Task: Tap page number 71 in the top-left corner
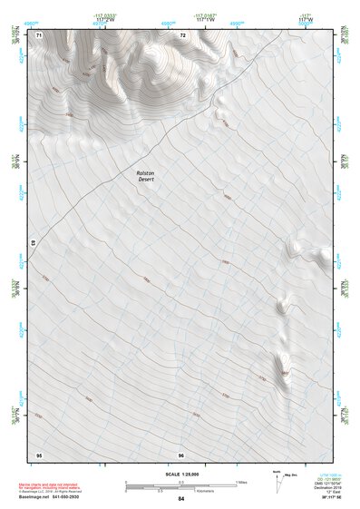39,34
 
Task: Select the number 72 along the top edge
182,34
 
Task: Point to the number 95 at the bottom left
39,454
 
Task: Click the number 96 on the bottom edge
181,454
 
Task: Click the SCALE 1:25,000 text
181,473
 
